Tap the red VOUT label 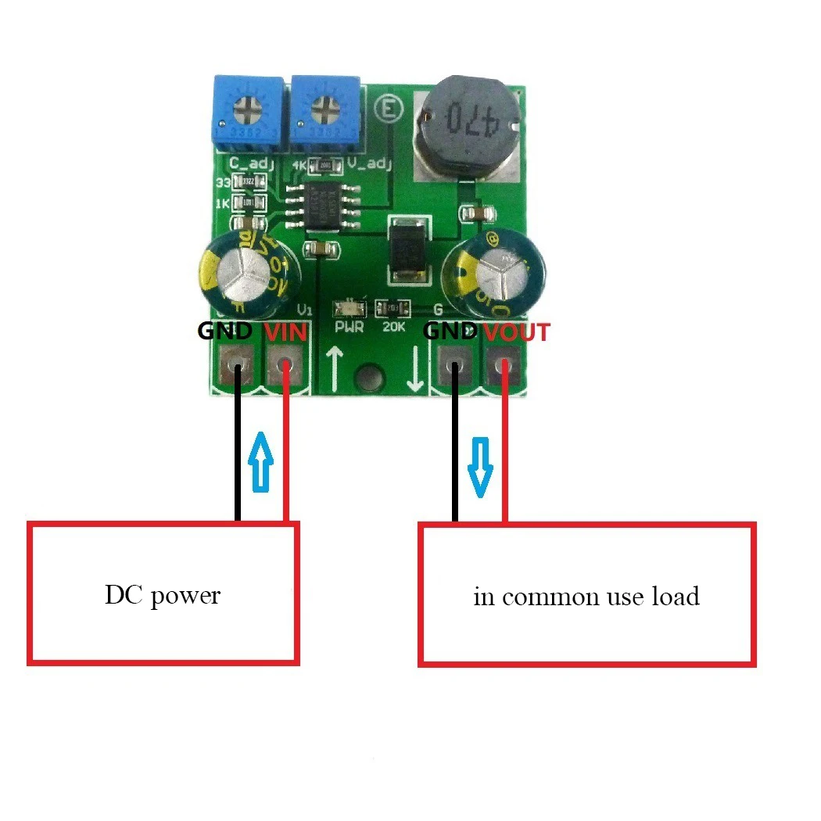click(x=515, y=332)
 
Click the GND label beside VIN click(x=224, y=331)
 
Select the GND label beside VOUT click(x=450, y=332)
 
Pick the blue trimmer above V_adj click(x=324, y=112)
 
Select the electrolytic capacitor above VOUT click(x=494, y=271)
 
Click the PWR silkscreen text click(x=348, y=327)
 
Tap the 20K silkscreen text click(x=394, y=327)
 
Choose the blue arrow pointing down click(x=479, y=468)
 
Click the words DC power click(x=163, y=595)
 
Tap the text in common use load click(x=586, y=597)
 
